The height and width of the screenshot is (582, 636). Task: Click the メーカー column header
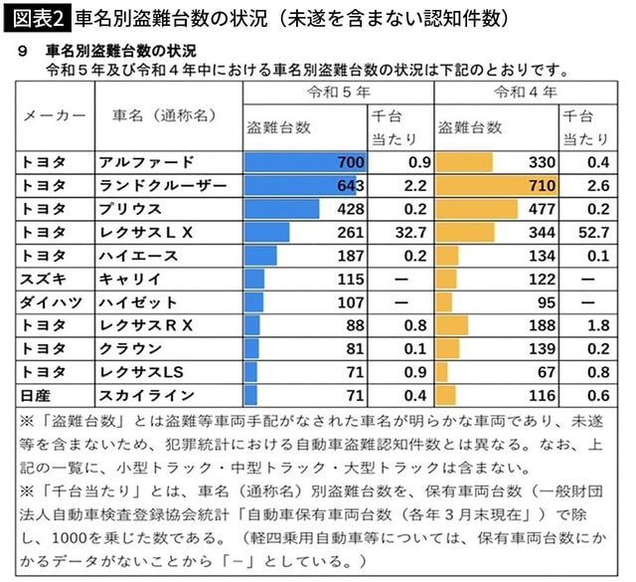(55, 115)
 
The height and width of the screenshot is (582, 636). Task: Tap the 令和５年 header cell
(338, 92)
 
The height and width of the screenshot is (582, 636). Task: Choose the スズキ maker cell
(44, 279)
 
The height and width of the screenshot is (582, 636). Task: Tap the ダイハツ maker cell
(49, 301)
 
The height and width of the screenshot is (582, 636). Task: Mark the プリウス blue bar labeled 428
(283, 209)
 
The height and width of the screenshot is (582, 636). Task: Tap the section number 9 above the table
(24, 51)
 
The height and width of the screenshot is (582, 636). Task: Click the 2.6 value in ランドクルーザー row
(596, 185)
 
